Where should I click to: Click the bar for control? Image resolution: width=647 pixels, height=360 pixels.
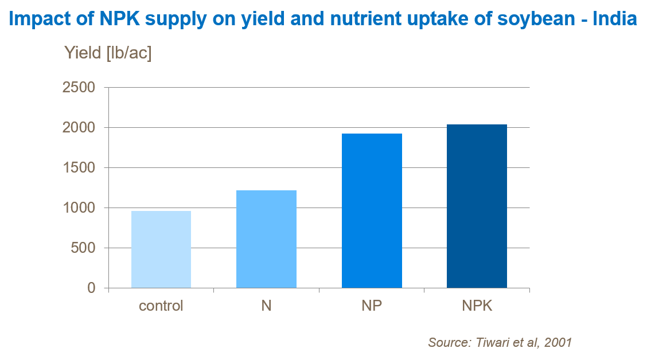pyautogui.click(x=161, y=249)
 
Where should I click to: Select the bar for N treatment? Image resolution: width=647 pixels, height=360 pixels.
pyautogui.click(x=266, y=239)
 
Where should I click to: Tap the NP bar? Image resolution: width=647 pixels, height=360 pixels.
pyautogui.click(x=372, y=210)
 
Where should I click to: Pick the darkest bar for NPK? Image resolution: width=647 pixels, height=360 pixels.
pyautogui.click(x=477, y=206)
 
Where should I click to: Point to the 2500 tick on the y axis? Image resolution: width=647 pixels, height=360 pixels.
pyautogui.click(x=80, y=88)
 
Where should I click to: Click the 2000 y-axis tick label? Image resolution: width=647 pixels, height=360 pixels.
pyautogui.click(x=80, y=128)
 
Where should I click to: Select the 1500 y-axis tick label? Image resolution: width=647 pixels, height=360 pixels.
pyautogui.click(x=80, y=168)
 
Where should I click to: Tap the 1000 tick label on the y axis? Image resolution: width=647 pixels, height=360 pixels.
pyautogui.click(x=80, y=208)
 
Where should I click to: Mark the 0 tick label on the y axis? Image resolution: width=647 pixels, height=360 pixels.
pyautogui.click(x=92, y=288)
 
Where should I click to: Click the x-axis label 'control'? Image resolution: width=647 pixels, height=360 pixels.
pyautogui.click(x=161, y=306)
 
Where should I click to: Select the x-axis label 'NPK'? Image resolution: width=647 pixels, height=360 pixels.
pyautogui.click(x=477, y=306)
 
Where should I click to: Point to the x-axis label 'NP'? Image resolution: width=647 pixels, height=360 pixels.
pyautogui.click(x=372, y=306)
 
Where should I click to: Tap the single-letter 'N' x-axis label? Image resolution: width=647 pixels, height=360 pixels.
pyautogui.click(x=266, y=306)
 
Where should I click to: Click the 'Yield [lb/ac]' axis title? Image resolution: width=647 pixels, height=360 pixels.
pyautogui.click(x=108, y=53)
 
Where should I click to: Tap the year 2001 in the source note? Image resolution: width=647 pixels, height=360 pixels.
pyautogui.click(x=558, y=343)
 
